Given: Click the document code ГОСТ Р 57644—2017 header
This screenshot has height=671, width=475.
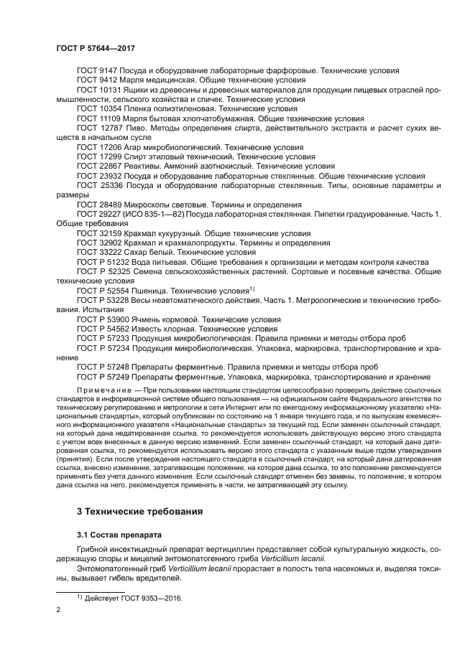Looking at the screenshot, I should click(x=96, y=48).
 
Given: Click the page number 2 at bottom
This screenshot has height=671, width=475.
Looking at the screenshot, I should click(x=59, y=610).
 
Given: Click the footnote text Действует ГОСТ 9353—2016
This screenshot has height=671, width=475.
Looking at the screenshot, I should click(x=133, y=598).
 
